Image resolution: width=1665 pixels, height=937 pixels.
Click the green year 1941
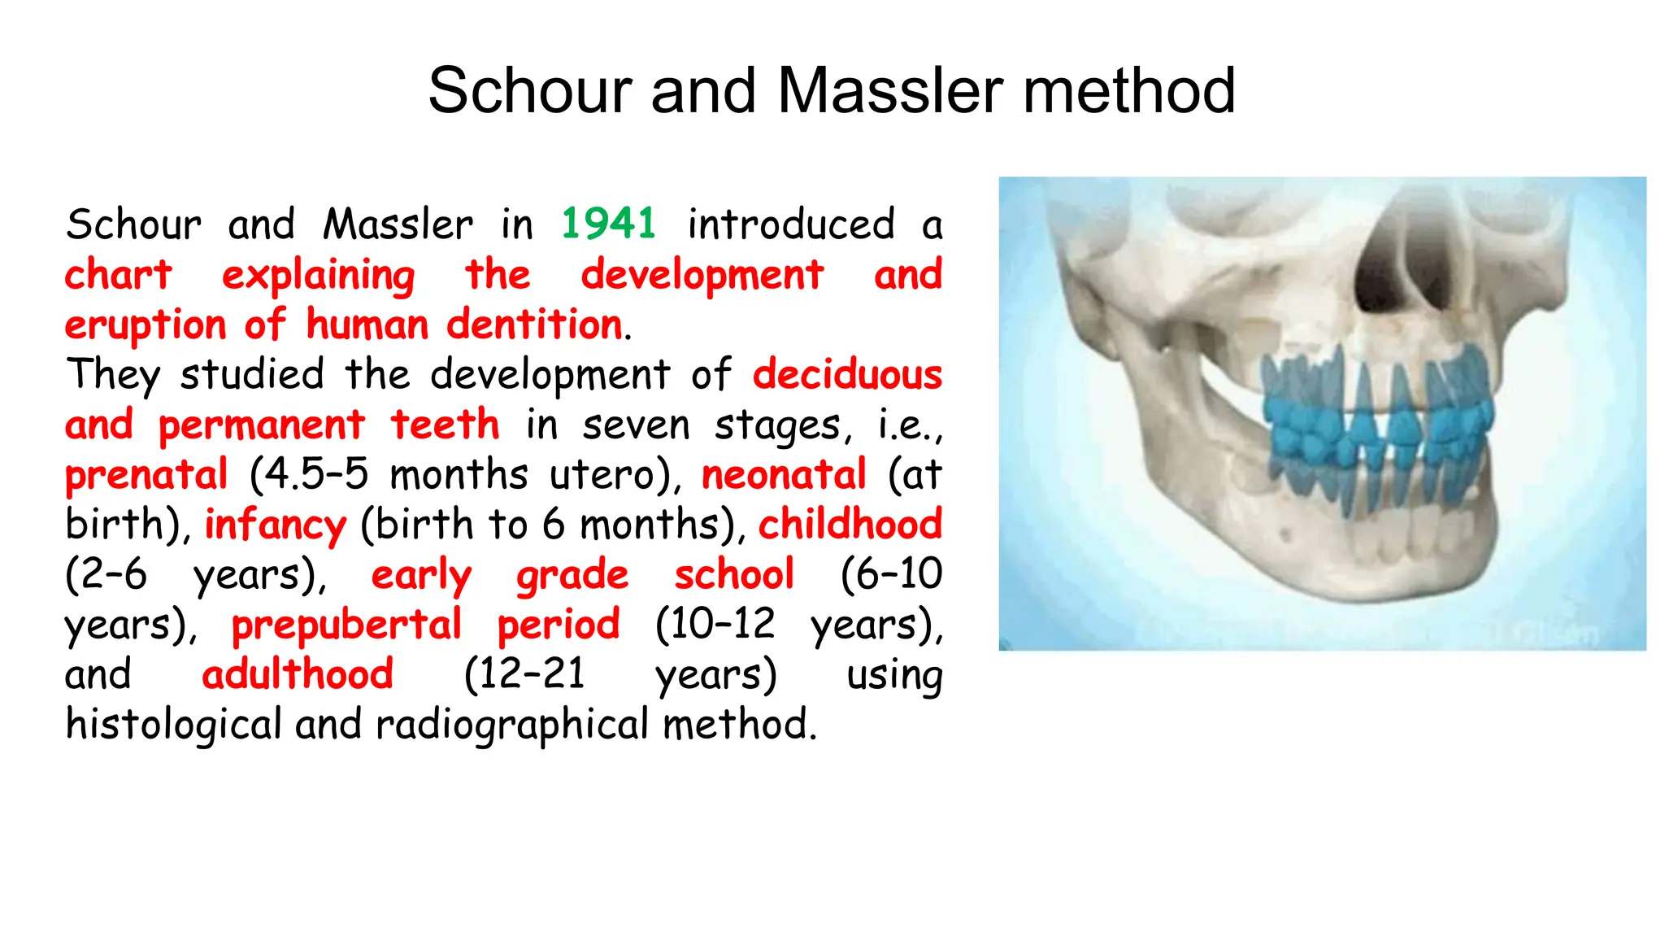coord(608,224)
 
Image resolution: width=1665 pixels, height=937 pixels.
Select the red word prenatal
coord(146,474)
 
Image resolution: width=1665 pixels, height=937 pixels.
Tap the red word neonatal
coord(784,474)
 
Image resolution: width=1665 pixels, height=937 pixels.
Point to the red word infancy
coord(275,525)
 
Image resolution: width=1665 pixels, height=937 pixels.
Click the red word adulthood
coord(298,674)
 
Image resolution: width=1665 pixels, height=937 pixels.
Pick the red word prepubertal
coord(346,625)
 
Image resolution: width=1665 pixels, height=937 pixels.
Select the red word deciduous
coord(847,375)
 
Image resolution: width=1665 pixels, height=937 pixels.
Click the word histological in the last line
coord(173,725)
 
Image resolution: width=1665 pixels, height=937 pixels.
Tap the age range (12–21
coord(524,674)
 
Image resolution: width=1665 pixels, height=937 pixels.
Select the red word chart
coord(119,274)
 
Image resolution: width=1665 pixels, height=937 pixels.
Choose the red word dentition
coord(535,325)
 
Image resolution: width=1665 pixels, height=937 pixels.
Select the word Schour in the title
coord(530,90)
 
